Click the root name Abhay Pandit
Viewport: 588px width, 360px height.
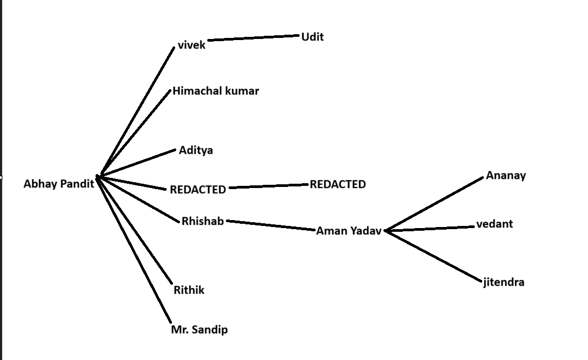59,184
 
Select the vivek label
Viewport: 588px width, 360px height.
191,45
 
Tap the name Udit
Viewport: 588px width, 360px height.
312,37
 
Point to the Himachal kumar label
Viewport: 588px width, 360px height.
215,91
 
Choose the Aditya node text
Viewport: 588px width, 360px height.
195,151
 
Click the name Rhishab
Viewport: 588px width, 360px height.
202,221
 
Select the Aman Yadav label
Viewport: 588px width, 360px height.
349,231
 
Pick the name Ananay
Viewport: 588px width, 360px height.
506,176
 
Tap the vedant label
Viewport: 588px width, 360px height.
494,224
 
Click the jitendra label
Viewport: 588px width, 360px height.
504,282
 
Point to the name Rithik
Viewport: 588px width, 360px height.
189,291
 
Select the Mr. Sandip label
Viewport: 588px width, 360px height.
199,330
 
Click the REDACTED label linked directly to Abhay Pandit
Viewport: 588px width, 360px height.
198,190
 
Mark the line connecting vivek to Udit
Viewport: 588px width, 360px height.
253,37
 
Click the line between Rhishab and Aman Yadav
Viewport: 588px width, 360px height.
271,225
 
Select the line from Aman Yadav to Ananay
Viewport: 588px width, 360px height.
434,204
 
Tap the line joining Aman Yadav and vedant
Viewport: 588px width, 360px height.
429,229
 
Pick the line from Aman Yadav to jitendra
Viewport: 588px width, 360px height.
433,256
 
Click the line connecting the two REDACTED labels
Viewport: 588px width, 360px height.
269,186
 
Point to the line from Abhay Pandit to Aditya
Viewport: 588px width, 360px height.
137,162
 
